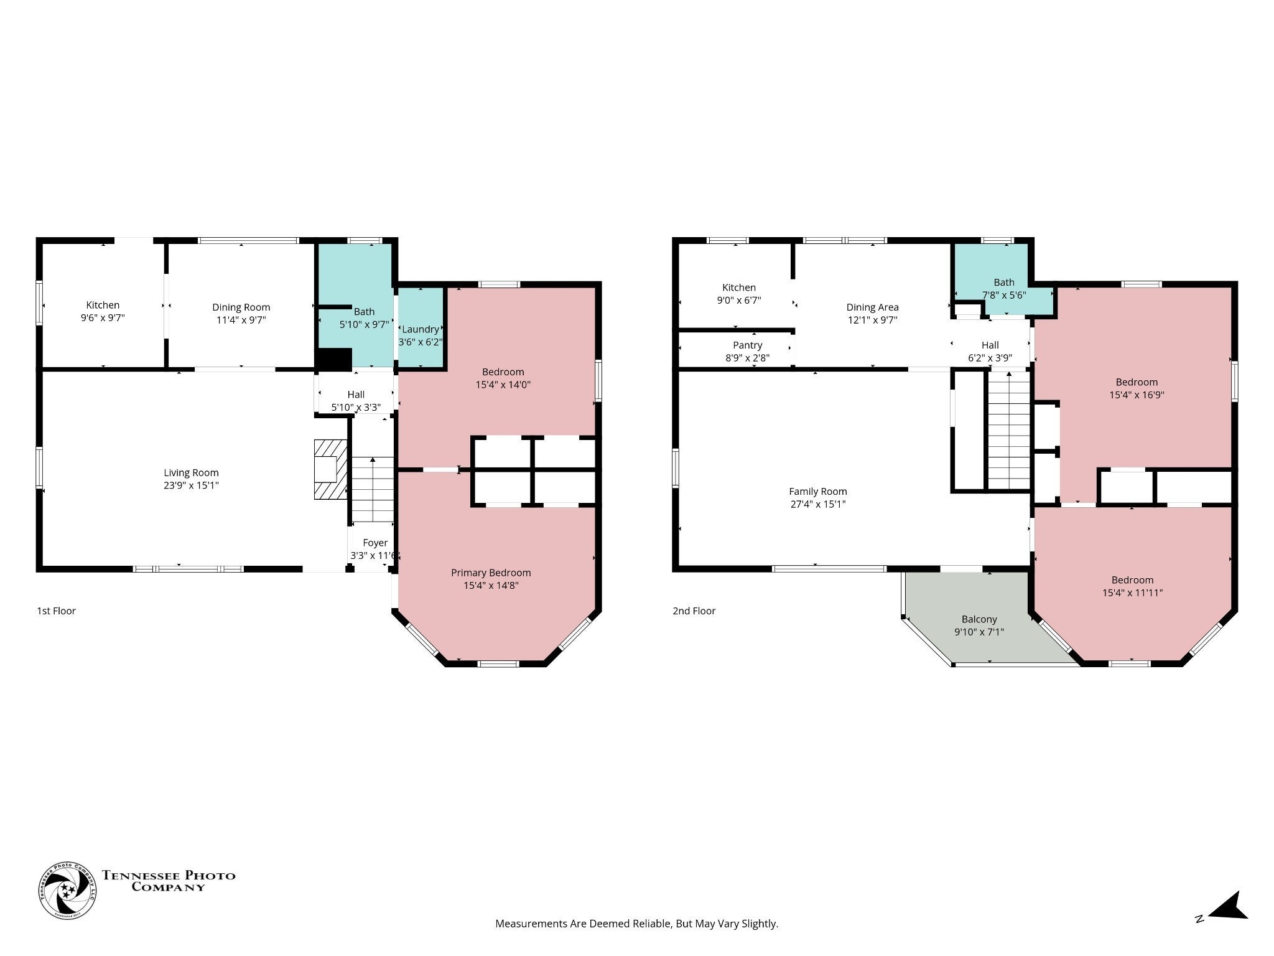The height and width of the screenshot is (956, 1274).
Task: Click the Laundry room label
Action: [x=421, y=329]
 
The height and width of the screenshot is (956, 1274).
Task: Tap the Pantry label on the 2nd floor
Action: [x=747, y=345]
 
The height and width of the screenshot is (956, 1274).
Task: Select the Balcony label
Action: [x=979, y=619]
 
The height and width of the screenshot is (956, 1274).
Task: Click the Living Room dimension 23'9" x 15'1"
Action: [x=191, y=485]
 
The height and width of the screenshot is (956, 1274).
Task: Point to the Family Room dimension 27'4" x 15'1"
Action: [x=817, y=504]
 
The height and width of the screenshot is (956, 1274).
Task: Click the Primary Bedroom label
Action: [x=491, y=573]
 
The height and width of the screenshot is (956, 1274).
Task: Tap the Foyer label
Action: [x=375, y=543]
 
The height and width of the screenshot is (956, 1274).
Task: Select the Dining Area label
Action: [x=872, y=307]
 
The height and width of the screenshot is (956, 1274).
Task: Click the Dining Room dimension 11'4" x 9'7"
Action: [x=241, y=320]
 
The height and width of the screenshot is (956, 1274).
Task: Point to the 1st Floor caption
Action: [x=56, y=611]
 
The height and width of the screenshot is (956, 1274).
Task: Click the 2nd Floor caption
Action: [x=694, y=611]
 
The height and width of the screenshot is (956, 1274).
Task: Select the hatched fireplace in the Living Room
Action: [x=330, y=469]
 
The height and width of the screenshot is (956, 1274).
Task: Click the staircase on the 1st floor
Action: [x=373, y=489]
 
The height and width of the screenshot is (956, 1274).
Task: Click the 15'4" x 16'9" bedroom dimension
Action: [x=1137, y=395]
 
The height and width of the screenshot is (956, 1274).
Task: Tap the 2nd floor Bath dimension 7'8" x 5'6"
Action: [x=1004, y=295]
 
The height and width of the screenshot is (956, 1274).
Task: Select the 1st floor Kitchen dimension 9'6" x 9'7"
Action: [x=103, y=317]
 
